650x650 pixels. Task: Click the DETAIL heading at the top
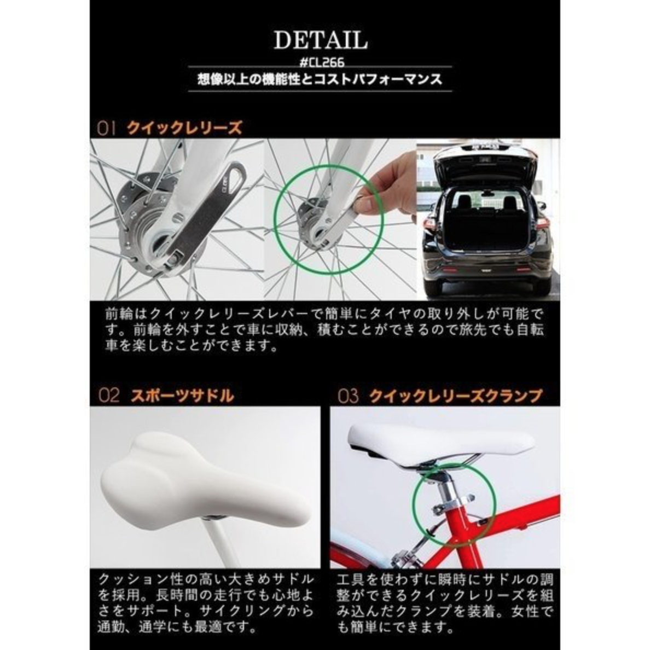(321, 40)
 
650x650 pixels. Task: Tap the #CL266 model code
(322, 62)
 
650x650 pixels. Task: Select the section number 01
(106, 128)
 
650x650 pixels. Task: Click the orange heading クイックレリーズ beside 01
(184, 127)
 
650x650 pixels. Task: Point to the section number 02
(109, 395)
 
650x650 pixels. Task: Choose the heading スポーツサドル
(182, 396)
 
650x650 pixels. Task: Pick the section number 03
(348, 396)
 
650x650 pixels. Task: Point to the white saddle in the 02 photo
(205, 481)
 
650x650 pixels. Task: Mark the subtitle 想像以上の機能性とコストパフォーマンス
(320, 79)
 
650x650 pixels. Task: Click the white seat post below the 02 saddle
(222, 543)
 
